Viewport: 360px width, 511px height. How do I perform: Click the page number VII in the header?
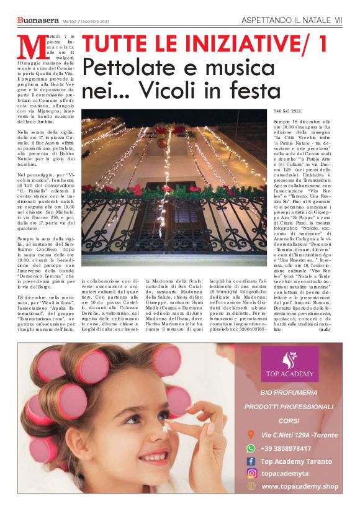coord(338,20)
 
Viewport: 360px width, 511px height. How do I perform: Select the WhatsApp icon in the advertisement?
coord(251,447)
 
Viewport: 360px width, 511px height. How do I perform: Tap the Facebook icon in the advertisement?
coord(251,461)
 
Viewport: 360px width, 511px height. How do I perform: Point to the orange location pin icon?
coord(251,435)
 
